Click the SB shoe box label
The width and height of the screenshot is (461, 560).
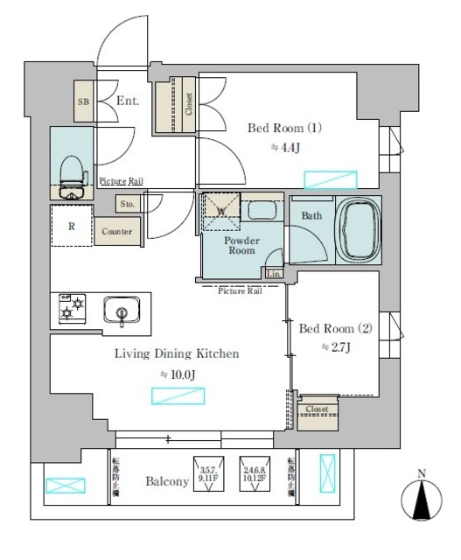pos(84,102)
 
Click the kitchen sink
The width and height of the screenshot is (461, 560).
pos(121,310)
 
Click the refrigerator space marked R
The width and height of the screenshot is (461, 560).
pos(70,225)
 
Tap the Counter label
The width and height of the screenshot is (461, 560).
pos(116,232)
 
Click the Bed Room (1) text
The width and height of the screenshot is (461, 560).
pos(285,128)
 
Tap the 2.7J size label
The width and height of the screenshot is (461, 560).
pos(337,347)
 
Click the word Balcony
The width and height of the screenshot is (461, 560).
pos(167,481)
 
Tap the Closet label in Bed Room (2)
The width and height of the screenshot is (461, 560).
pos(317,409)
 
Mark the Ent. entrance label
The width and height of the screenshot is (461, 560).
pos(129,101)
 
